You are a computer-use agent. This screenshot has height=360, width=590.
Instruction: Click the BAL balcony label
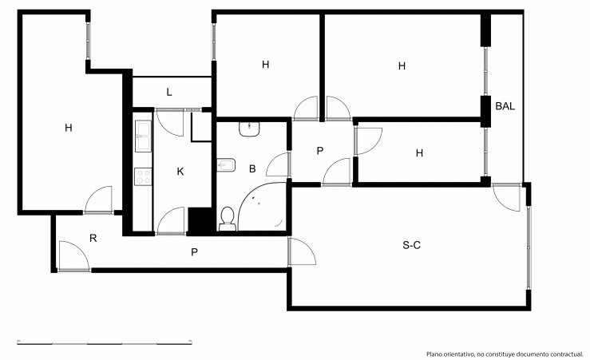(505, 106)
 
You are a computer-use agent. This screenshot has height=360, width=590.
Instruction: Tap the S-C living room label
(412, 245)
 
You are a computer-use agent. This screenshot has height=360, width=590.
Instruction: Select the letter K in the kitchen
(180, 172)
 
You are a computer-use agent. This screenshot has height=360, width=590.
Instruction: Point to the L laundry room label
(169, 92)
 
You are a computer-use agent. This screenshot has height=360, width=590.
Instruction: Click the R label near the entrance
(93, 238)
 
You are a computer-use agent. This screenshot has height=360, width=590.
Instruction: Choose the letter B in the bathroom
(252, 169)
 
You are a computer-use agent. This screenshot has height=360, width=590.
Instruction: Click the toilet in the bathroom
(228, 219)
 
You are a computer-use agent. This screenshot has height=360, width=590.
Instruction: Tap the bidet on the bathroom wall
(226, 165)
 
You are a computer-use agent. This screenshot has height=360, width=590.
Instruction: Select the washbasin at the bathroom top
(249, 129)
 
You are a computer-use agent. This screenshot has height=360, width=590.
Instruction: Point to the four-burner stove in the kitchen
(143, 176)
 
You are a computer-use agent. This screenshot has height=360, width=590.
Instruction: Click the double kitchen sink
(143, 136)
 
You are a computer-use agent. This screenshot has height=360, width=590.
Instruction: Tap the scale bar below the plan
(105, 342)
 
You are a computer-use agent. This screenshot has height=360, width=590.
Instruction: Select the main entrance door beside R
(73, 256)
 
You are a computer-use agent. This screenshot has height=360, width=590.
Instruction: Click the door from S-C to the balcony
(507, 197)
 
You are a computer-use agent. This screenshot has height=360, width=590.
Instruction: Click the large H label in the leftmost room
(69, 128)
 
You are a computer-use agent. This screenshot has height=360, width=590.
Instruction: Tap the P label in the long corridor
(194, 252)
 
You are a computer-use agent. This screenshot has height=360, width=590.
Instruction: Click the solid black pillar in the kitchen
(200, 220)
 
